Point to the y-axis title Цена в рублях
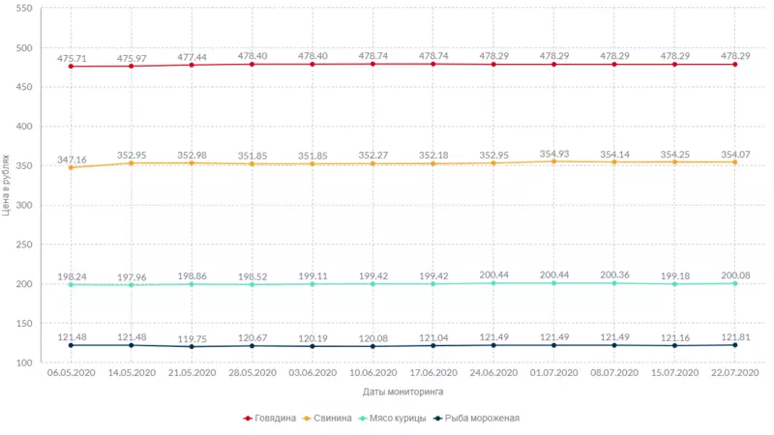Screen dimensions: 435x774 click(8, 185)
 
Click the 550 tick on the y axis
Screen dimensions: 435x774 click(24, 9)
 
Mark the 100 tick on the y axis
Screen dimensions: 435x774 click(24, 363)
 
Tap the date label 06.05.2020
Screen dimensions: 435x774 click(71, 373)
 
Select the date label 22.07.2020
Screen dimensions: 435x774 click(734, 373)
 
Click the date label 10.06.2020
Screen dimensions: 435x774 click(372, 373)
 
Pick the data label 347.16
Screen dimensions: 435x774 click(71, 159)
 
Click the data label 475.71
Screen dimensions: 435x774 click(71, 58)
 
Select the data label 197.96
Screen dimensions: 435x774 click(132, 275)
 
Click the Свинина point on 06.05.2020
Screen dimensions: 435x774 click(71, 168)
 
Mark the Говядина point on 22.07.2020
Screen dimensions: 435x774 click(734, 65)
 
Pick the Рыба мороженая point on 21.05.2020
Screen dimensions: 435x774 click(192, 347)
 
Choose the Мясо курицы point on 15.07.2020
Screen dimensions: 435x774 click(674, 284)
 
